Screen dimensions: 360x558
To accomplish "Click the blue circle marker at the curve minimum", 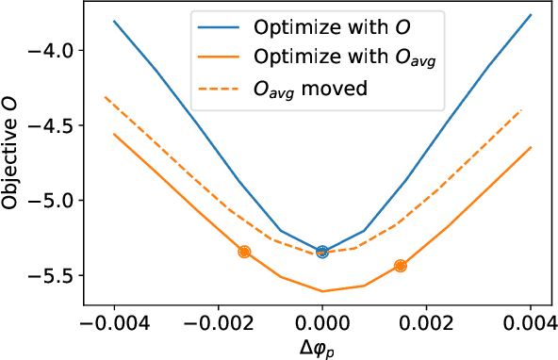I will (x=322, y=252).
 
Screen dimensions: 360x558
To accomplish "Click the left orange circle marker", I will (x=244, y=252).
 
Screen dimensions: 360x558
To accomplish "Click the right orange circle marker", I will (x=401, y=266).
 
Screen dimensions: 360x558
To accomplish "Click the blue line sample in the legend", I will (x=219, y=25).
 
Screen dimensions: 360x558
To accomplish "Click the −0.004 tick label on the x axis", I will (x=114, y=322).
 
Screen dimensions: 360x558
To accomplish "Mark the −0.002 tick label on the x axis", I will (x=218, y=322).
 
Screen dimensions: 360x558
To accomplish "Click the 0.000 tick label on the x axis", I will (x=322, y=322).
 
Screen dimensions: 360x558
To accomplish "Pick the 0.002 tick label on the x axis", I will (x=426, y=322).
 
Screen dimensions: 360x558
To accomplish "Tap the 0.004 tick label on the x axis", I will (x=531, y=322).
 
